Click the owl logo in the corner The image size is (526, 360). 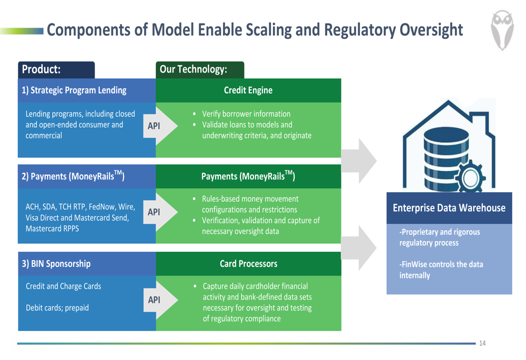point(502,30)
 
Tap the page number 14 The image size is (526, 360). point(482,343)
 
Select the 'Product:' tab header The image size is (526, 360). point(41,69)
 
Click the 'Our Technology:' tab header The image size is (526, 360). point(193,69)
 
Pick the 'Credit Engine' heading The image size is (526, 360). point(248,90)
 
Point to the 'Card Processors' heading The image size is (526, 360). point(249,264)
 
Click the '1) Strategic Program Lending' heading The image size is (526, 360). point(74,90)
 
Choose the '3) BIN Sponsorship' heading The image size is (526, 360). point(56,264)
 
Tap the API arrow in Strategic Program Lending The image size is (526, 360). point(160,126)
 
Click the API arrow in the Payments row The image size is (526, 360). point(160,212)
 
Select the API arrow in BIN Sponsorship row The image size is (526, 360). point(160,300)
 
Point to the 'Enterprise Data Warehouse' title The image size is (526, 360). point(449,208)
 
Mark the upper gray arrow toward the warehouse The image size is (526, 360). point(359,161)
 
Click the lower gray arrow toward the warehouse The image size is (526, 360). point(359,248)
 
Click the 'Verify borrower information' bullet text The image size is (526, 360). point(246,114)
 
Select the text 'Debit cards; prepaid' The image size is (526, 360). point(57,308)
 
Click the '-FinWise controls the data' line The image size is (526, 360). point(441,264)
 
